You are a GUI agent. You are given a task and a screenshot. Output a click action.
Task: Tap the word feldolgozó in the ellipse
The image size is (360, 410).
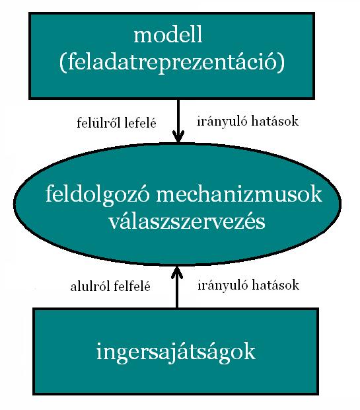pos(98,196)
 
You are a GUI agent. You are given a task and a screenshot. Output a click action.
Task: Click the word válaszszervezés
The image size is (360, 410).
pos(187,222)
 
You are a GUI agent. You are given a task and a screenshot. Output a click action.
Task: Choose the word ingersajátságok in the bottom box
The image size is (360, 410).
pos(176,352)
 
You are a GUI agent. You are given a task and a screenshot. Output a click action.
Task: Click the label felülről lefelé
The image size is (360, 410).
pos(116,122)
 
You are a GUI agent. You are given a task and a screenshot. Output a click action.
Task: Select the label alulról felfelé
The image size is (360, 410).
pos(110,286)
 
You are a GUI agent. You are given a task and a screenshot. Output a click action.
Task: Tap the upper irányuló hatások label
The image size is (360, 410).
pos(248,122)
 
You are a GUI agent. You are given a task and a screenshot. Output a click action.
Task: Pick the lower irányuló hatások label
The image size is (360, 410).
pos(248,285)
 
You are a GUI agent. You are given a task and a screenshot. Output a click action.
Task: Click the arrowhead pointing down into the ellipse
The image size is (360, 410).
pos(178,136)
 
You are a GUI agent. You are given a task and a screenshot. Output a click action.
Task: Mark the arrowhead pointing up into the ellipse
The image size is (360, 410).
pos(177,272)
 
